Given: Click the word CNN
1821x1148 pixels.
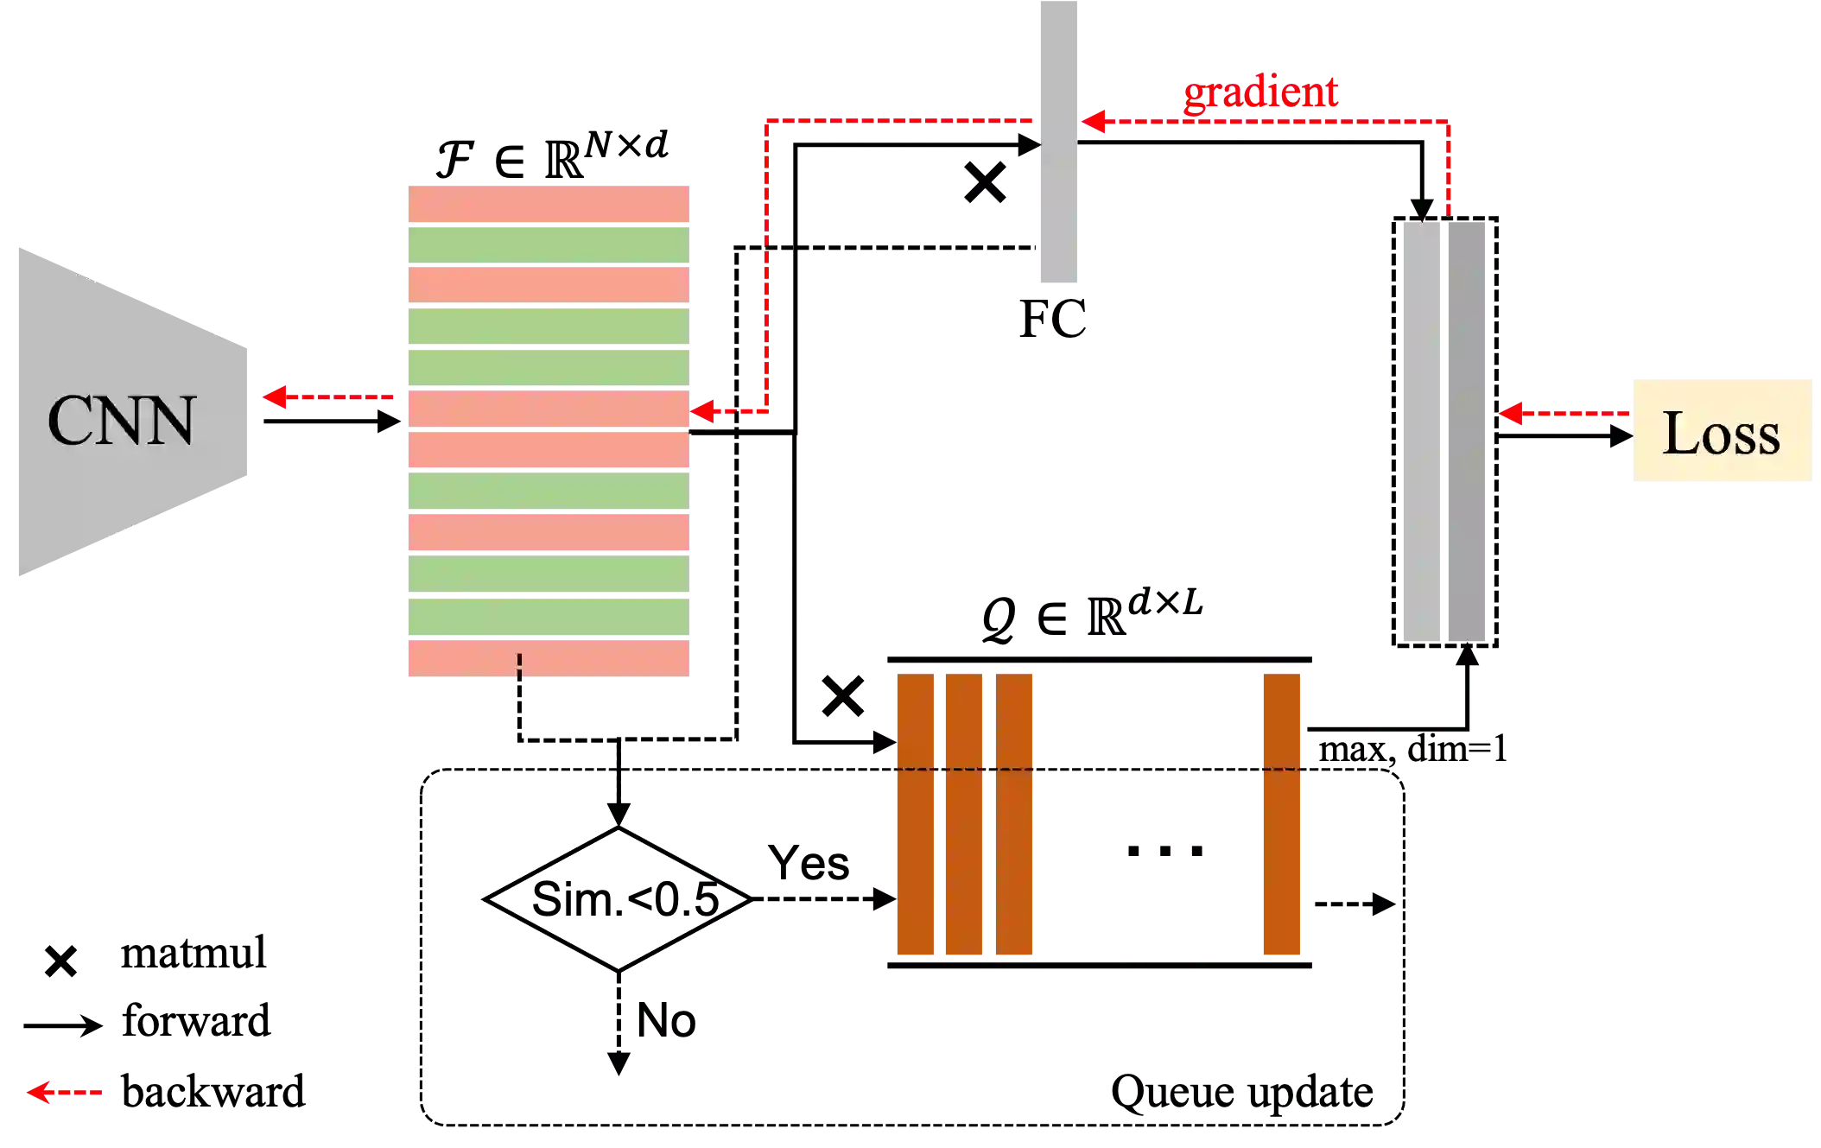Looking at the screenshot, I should tap(121, 422).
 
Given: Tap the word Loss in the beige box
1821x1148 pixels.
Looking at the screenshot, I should tap(1721, 433).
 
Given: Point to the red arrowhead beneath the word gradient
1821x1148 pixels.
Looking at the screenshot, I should tap(1094, 122).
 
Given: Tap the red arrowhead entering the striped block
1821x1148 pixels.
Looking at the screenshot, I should tap(704, 411).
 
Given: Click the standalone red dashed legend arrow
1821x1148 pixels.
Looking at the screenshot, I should tap(65, 1093).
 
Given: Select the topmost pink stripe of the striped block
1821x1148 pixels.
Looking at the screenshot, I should tap(549, 202).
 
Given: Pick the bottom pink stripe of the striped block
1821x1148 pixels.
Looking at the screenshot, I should tap(549, 657).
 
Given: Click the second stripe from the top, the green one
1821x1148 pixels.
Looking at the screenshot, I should tap(549, 244).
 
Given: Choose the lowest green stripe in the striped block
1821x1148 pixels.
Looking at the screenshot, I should tap(549, 617).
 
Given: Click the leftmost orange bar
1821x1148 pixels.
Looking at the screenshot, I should tap(914, 815).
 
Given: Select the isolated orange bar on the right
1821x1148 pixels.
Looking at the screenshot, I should tap(1281, 815).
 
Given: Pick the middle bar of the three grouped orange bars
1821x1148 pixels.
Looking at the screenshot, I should tap(965, 815).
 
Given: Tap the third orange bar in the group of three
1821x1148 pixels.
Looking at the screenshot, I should tap(1015, 815).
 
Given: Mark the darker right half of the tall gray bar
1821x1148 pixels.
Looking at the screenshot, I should tap(1465, 432).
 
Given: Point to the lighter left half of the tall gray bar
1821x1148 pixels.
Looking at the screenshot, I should tap(1423, 432).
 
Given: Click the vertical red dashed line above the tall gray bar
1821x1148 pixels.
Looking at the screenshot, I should tap(1449, 168).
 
